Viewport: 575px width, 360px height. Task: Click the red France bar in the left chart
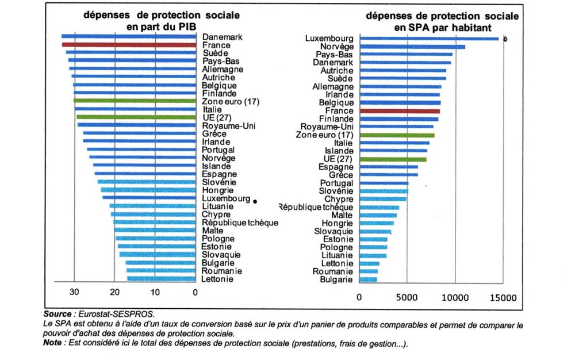pyautogui.click(x=129, y=44)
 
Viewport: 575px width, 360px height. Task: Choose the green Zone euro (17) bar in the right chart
pyautogui.click(x=397, y=135)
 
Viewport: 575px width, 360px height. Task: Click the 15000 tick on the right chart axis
pyautogui.click(x=504, y=298)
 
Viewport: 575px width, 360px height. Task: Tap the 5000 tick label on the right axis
pyautogui.click(x=407, y=298)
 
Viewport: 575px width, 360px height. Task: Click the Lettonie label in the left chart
pyautogui.click(x=218, y=279)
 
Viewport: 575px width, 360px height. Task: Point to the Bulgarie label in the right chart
pyautogui.click(x=336, y=279)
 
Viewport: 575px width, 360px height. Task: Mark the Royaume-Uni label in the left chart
pyautogui.click(x=229, y=125)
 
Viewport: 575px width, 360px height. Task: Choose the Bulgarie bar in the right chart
pyautogui.click(x=368, y=279)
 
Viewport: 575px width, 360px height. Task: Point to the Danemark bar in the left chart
pyautogui.click(x=129, y=37)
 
